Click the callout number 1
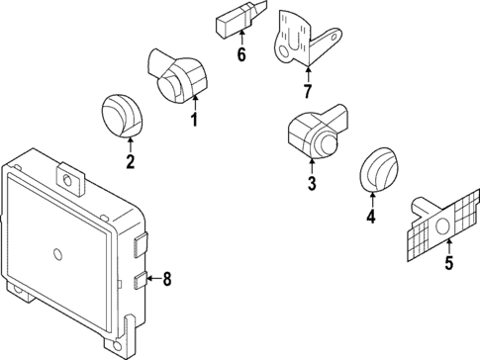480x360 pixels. coord(195,120)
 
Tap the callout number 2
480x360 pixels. coord(131,161)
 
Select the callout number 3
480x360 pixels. coord(312,183)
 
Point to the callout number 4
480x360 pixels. coord(371,216)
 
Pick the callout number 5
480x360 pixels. coord(448,262)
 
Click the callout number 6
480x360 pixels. coord(241,54)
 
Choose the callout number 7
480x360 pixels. coord(308,91)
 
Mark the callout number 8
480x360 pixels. coord(167,279)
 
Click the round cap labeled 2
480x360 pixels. coord(122,116)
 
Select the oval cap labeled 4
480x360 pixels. coord(374,169)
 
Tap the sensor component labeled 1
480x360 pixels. coord(177,76)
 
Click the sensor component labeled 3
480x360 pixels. coord(318,132)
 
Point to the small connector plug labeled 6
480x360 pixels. coord(240,18)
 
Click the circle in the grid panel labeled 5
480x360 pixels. coord(442,226)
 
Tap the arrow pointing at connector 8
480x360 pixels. coord(154,279)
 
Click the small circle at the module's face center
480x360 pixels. coord(57,254)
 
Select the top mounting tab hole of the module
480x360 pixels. coord(67,180)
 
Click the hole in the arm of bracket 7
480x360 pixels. coord(336,35)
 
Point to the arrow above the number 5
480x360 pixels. coord(448,246)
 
